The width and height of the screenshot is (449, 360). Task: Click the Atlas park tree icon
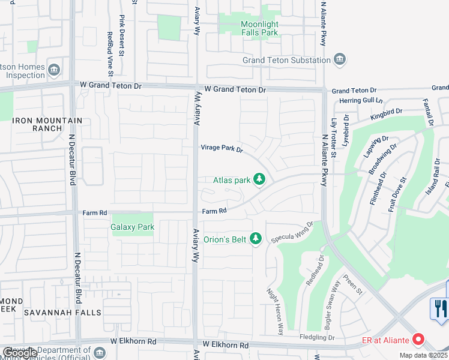click(x=259, y=179)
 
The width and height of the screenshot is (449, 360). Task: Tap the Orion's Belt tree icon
click(x=256, y=239)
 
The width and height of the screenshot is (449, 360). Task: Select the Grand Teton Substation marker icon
click(x=340, y=60)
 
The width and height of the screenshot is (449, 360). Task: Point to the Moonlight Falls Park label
click(x=259, y=28)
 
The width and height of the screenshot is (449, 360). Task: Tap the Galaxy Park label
click(x=133, y=227)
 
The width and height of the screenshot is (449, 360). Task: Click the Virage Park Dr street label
click(x=221, y=148)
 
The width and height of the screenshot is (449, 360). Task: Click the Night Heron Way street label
click(x=275, y=311)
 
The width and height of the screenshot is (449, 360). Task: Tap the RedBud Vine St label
click(x=110, y=54)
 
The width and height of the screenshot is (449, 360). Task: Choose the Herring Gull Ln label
click(x=361, y=100)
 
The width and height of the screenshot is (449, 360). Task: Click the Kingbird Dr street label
click(x=385, y=112)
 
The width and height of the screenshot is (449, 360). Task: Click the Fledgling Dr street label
click(x=316, y=338)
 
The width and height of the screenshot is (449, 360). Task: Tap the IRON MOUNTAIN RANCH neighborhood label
click(x=47, y=124)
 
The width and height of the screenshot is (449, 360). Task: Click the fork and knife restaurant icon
click(x=441, y=308)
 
